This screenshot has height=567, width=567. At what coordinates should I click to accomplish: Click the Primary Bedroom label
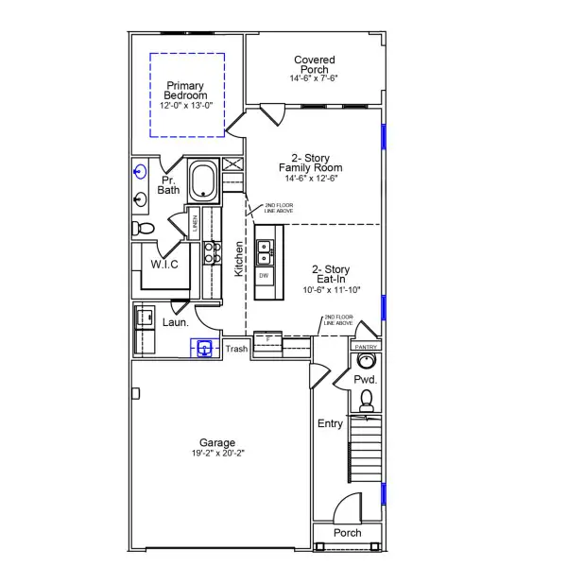click(185, 91)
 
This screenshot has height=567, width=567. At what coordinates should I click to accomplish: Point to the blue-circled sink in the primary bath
click(141, 172)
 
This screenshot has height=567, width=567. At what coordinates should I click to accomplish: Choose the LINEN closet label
click(195, 224)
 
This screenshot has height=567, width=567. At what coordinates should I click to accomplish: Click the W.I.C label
click(164, 265)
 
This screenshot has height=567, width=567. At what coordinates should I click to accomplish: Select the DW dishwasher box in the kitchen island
click(264, 275)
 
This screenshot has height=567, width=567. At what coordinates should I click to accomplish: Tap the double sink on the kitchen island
click(265, 250)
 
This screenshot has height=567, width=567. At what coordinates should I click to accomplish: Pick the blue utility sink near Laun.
click(204, 349)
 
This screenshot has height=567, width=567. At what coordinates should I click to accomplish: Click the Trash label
click(236, 349)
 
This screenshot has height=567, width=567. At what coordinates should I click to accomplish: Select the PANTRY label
click(366, 347)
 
